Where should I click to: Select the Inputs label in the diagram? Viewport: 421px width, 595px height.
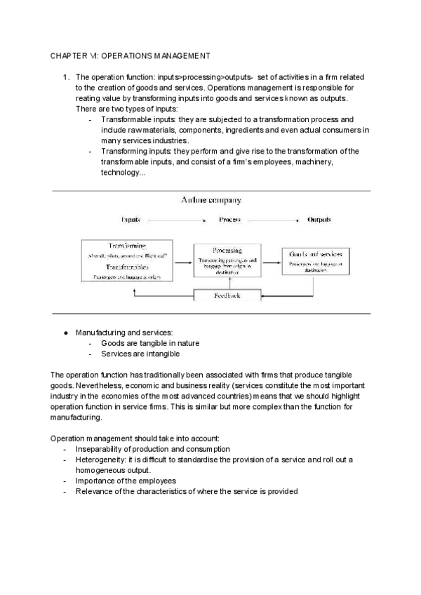(131, 220)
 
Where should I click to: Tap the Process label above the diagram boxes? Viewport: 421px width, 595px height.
(229, 220)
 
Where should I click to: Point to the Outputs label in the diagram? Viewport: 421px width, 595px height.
(319, 220)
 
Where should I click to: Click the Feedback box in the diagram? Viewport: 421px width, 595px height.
(227, 296)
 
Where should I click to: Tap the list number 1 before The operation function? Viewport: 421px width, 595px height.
(64, 77)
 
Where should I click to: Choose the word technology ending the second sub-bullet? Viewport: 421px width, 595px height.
(121, 173)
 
